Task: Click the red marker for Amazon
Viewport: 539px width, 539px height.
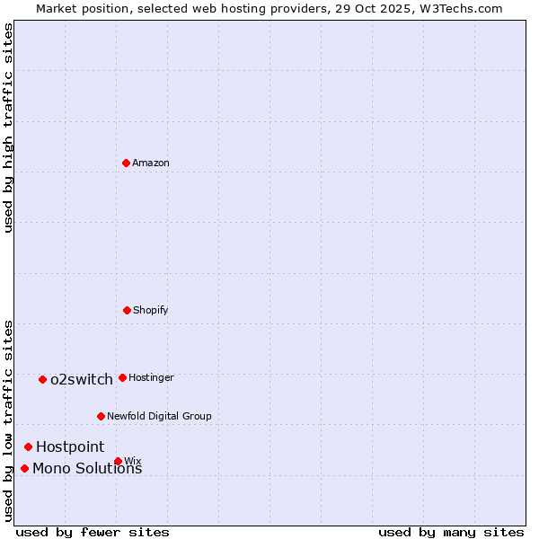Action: pyautogui.click(x=126, y=163)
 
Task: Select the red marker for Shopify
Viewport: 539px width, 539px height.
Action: pyautogui.click(x=127, y=310)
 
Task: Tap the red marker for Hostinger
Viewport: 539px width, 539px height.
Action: pyautogui.click(x=122, y=377)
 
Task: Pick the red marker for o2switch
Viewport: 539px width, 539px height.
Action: pyautogui.click(x=42, y=379)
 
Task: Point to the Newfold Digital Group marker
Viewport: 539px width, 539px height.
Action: pyautogui.click(x=101, y=416)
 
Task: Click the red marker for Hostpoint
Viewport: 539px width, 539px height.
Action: pyautogui.click(x=28, y=446)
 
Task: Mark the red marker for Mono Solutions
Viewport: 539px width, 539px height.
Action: pyautogui.click(x=24, y=468)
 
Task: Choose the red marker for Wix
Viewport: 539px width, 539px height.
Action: pyautogui.click(x=118, y=461)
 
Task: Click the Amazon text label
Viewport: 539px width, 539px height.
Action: pyautogui.click(x=151, y=163)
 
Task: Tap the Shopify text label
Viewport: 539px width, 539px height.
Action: pyautogui.click(x=151, y=310)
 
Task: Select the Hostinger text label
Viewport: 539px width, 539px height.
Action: pyautogui.click(x=151, y=377)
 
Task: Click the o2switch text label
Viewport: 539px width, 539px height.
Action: pyautogui.click(x=82, y=379)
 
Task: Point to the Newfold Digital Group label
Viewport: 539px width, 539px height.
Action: pyautogui.click(x=159, y=416)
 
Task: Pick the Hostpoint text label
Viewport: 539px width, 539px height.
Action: pyautogui.click(x=70, y=446)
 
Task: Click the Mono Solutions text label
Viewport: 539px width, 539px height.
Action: pyautogui.click(x=87, y=468)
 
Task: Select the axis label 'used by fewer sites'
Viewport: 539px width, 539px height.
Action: pyautogui.click(x=93, y=532)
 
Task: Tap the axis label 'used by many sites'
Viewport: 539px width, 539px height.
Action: pyautogui.click(x=451, y=532)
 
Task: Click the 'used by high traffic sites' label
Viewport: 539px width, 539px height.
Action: pyautogui.click(x=8, y=128)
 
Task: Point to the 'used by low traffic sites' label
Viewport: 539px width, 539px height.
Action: pyautogui.click(x=8, y=420)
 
